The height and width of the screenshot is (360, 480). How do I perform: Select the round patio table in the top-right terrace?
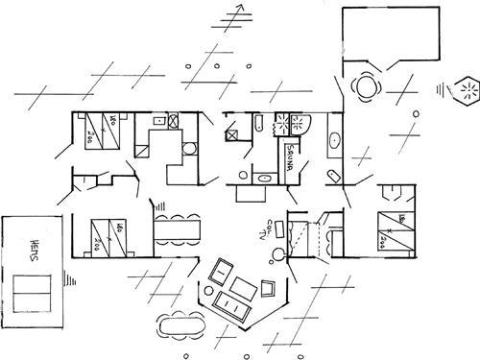coord(366,86)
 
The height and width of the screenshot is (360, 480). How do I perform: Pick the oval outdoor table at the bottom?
coord(180,324)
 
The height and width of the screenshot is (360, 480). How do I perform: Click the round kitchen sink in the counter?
coord(189,148)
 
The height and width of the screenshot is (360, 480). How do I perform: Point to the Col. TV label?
coord(266,230)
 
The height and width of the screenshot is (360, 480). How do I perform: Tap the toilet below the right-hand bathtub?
coord(331,175)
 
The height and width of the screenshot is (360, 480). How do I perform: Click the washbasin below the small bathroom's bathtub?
coord(262,177)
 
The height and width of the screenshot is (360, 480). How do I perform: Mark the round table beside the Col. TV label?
coord(277,253)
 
